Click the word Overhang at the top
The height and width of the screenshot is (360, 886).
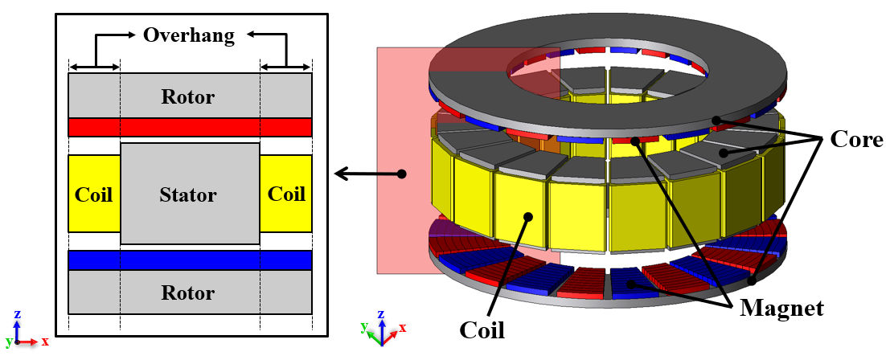point(189,35)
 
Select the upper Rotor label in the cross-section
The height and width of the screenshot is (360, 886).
point(189,97)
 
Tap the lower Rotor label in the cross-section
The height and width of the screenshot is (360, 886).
point(189,292)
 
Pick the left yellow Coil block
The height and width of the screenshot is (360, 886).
point(94,194)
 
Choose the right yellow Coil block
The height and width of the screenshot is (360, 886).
point(286,194)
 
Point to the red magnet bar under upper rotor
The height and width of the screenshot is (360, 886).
point(190,127)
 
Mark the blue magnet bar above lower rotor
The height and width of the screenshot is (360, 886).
point(190,260)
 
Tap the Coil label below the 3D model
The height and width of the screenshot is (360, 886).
point(482,329)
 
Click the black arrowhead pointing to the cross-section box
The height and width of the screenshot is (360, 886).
point(339,173)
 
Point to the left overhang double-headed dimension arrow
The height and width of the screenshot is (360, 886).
point(94,66)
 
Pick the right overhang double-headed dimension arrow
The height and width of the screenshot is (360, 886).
point(286,66)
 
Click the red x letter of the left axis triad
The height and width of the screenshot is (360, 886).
point(45,341)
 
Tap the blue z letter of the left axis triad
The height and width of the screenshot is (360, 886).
point(18,314)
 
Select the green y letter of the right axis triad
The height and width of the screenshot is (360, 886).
point(363,325)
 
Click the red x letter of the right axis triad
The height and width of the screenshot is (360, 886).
point(402,327)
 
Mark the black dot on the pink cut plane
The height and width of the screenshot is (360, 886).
point(401,173)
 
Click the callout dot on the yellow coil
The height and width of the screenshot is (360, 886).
point(528,215)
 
